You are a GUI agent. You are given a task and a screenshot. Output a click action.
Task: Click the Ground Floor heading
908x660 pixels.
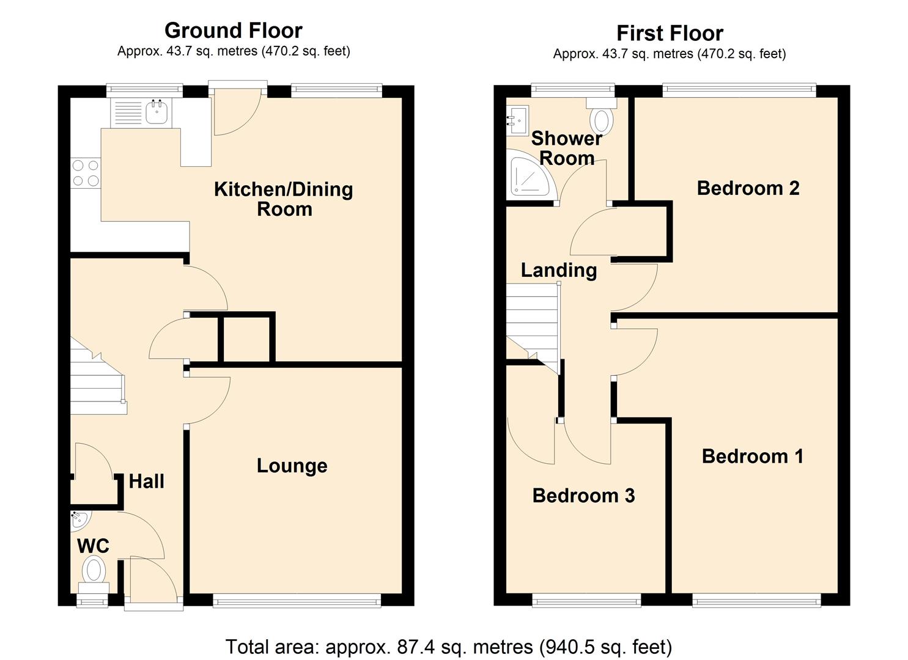(x=233, y=30)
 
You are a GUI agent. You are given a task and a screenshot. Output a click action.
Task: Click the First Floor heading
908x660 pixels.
(x=670, y=32)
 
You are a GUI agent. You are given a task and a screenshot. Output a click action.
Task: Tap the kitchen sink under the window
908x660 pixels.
(x=157, y=112)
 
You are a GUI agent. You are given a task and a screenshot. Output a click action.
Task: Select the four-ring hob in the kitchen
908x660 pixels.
(x=86, y=173)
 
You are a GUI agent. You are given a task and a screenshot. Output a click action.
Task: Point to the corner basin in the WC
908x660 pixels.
(x=79, y=519)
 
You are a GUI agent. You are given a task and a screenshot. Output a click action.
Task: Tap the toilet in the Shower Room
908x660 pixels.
(x=602, y=118)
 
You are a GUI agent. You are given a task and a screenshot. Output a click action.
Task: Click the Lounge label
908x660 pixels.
(x=292, y=466)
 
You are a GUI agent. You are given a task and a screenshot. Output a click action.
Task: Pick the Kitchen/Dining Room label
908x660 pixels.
(x=284, y=199)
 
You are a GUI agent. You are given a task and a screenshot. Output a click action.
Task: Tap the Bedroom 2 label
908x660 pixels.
(x=748, y=188)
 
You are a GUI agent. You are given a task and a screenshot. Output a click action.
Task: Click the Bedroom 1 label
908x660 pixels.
(x=752, y=456)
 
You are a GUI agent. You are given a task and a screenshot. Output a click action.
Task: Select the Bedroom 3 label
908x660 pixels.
(x=583, y=495)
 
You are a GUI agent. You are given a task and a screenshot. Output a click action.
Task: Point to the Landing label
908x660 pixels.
(x=559, y=269)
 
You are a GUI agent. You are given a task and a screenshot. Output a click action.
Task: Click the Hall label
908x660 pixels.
(x=146, y=482)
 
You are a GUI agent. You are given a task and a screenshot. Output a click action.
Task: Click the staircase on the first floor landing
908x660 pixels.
(x=532, y=324)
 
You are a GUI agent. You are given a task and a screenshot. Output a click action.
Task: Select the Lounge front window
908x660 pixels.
(x=297, y=602)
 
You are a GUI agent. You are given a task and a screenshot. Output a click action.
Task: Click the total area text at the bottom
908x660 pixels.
(x=449, y=646)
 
